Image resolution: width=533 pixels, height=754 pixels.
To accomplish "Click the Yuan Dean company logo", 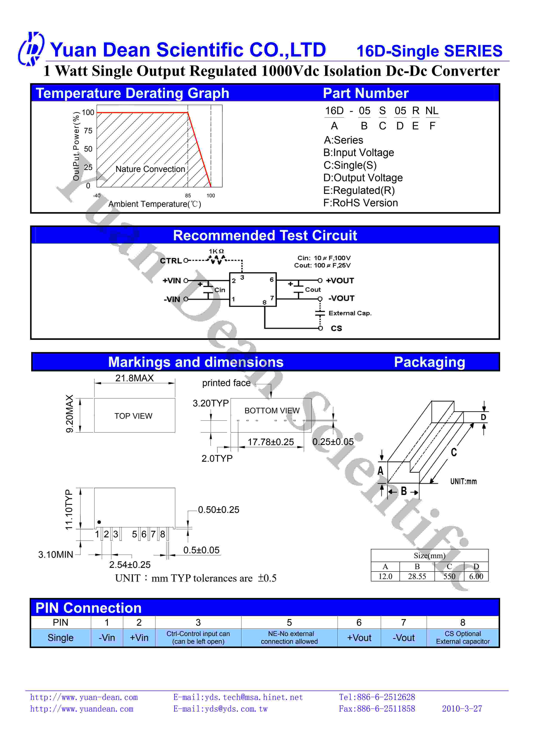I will tap(31, 49).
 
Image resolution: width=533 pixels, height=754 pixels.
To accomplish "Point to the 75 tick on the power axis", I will tap(88, 131).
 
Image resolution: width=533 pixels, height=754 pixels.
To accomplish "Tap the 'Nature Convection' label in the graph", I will tap(150, 169).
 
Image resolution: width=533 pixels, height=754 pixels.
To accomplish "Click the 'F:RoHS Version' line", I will tap(360, 203).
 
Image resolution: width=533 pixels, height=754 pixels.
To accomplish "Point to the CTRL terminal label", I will tap(171, 261).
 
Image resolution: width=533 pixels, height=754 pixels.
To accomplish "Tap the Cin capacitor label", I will tap(220, 290).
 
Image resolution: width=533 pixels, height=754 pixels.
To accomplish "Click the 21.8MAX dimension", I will tap(134, 378).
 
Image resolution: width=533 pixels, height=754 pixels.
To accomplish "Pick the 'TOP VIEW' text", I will tap(133, 416).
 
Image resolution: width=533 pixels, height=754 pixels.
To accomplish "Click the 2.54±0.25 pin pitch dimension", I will tap(130, 565).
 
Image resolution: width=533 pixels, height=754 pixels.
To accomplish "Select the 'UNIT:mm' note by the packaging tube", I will tap(463, 481).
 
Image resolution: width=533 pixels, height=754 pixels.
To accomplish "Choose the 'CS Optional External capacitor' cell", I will tap(462, 638).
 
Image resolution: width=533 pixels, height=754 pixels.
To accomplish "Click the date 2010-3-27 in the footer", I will tap(462, 709).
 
